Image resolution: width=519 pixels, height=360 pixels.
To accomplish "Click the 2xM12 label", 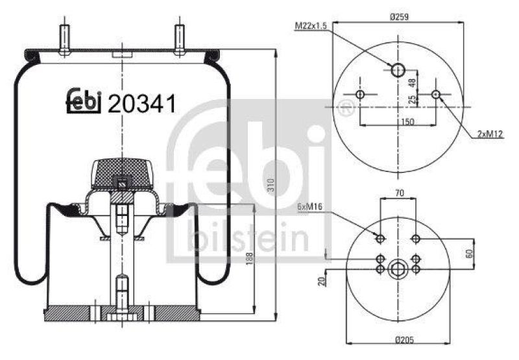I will click(490, 134).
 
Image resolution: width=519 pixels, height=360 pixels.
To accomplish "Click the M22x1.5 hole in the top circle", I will click(398, 69).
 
